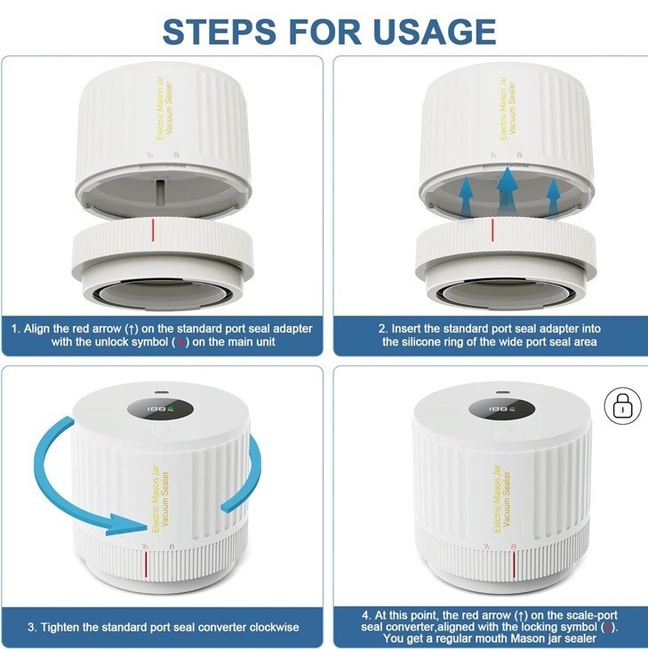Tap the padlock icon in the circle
[623, 406]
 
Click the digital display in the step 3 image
[161, 409]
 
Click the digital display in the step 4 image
[502, 409]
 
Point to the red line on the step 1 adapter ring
[153, 230]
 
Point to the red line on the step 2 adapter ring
[492, 230]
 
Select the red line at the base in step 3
[145, 565]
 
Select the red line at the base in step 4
[514, 565]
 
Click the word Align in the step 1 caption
[37, 329]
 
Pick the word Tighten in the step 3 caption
[60, 627]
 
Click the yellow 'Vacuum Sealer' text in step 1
[170, 107]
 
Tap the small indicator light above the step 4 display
[503, 392]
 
